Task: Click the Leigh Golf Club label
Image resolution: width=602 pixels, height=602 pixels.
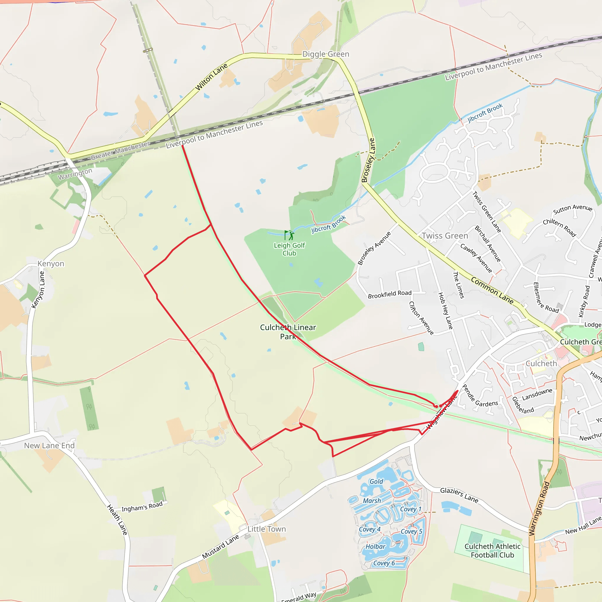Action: (x=289, y=249)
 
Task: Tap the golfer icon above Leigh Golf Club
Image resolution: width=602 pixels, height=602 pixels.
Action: (x=289, y=235)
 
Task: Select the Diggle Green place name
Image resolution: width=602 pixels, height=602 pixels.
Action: (x=326, y=54)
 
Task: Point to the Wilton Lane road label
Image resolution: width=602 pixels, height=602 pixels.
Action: (x=211, y=77)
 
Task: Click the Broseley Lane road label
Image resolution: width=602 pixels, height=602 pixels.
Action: (x=368, y=160)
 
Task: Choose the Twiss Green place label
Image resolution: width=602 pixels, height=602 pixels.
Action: (x=445, y=236)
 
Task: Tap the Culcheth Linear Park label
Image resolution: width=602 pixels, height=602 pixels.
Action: (x=288, y=332)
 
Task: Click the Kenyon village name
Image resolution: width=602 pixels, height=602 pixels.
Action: (x=51, y=264)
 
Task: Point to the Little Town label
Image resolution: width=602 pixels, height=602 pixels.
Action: (x=266, y=529)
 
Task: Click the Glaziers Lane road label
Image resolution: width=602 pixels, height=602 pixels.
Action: (x=459, y=495)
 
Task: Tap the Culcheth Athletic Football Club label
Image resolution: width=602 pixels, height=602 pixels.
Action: (x=492, y=551)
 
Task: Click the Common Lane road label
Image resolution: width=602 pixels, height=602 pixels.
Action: (x=492, y=290)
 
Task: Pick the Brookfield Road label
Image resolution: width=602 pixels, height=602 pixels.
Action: (x=389, y=295)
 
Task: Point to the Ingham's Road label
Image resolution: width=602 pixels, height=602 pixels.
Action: (x=142, y=507)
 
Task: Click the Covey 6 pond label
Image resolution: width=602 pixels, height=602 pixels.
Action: (x=384, y=563)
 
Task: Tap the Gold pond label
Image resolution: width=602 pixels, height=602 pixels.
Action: (x=377, y=481)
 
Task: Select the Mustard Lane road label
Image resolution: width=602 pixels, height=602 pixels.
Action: (x=220, y=547)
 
